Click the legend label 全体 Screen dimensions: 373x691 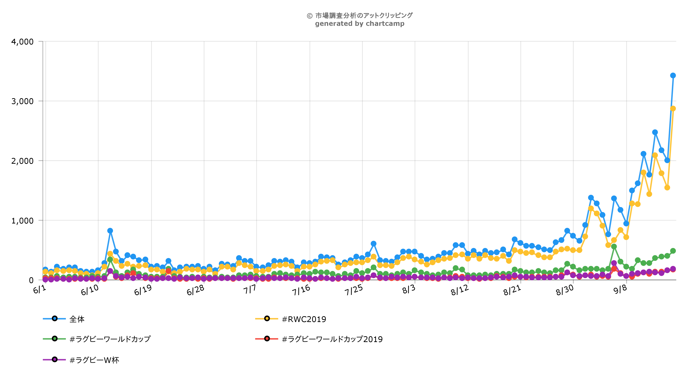(77, 319)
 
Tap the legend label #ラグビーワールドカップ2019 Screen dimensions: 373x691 (332, 339)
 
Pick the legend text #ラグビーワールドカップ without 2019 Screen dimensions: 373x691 (110, 339)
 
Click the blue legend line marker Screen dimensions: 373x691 (55, 319)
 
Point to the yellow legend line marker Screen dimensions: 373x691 (267, 319)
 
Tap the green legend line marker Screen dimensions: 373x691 (55, 339)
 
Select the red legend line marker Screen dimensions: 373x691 (267, 339)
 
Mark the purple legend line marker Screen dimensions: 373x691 (55, 359)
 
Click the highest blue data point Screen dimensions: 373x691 (673, 76)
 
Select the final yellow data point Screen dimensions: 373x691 (673, 108)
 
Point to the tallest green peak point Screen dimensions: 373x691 (614, 247)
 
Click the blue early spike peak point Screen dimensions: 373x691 (110, 231)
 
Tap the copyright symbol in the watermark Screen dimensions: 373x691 (310, 16)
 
